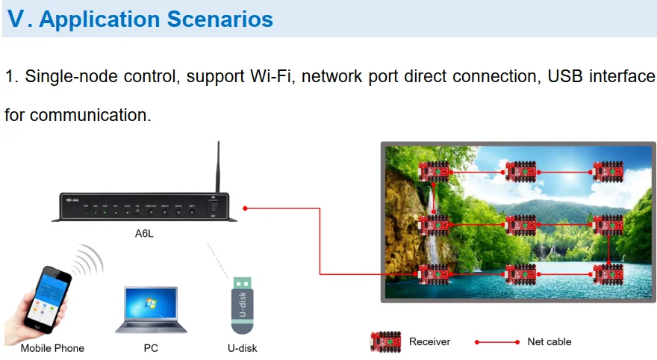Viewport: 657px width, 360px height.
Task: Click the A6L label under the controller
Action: coord(145,233)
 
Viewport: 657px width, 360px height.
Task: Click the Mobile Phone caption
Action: coord(52,348)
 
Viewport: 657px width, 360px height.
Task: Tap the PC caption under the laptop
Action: coord(151,348)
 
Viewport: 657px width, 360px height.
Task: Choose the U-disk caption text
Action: coord(242,348)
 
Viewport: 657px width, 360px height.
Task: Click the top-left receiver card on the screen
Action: coord(432,171)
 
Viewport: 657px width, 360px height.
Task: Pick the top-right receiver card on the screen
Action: coord(608,171)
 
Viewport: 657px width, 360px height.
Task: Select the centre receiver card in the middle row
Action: coord(520,224)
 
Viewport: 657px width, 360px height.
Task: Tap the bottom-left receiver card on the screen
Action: coord(432,275)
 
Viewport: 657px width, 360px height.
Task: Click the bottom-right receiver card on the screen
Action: coord(608,274)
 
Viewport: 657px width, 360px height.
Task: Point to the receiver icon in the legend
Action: coord(386,342)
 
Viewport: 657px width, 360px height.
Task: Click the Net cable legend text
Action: coord(549,341)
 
